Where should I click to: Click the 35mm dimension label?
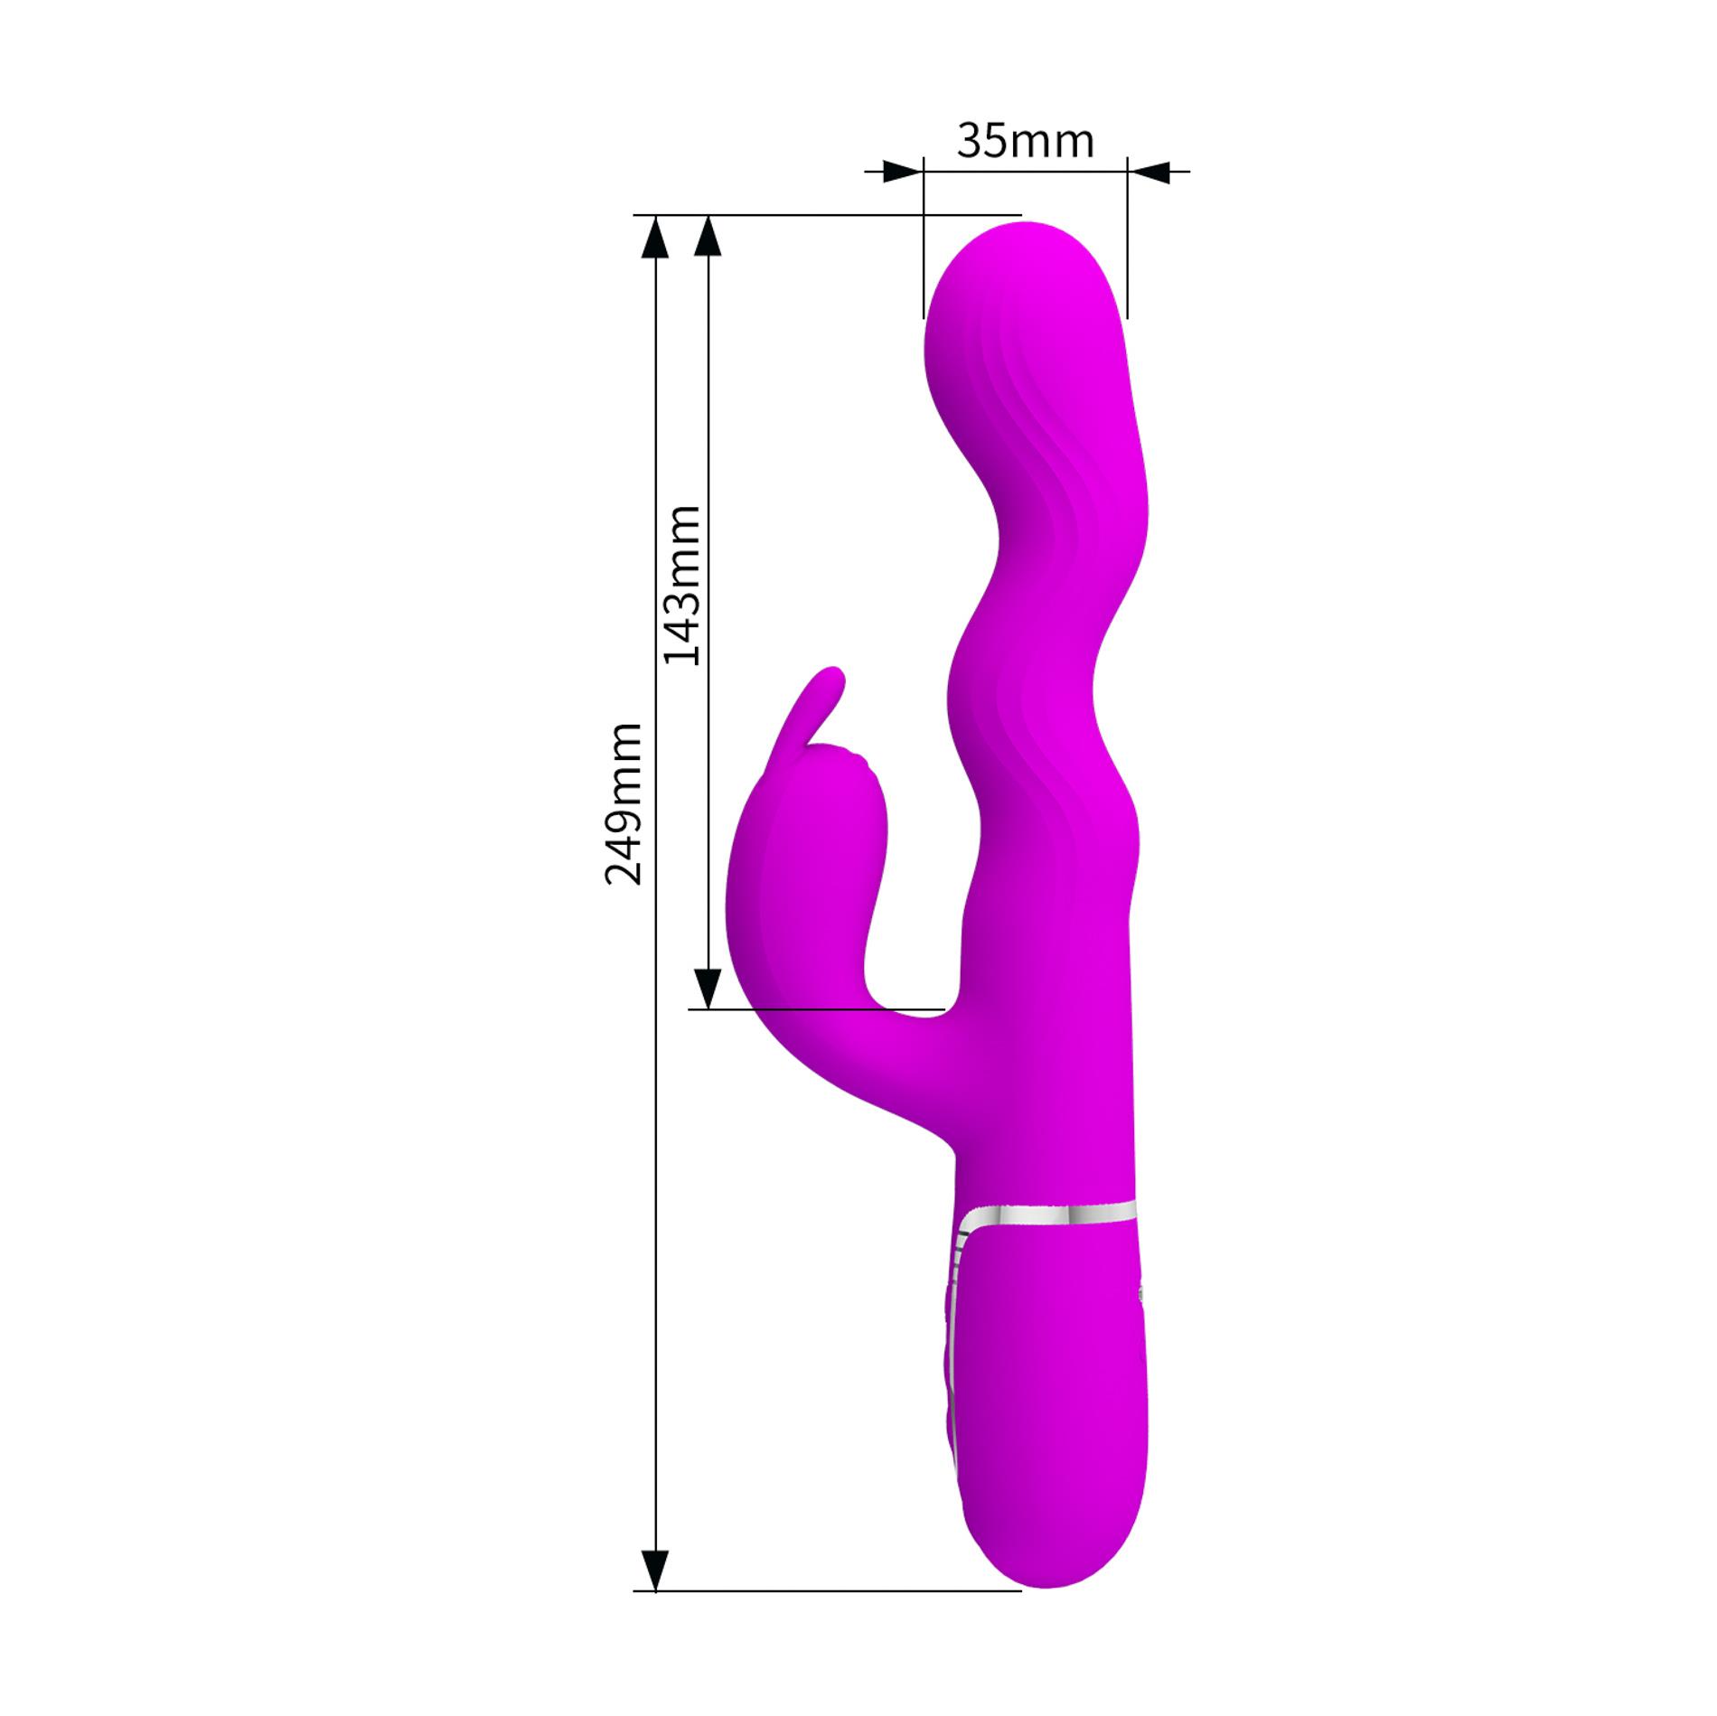tap(1025, 142)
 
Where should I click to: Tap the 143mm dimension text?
tap(682, 586)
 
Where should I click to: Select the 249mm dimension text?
tap(624, 803)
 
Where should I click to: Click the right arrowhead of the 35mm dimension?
tap(1149, 171)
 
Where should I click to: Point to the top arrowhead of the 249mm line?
tap(655, 239)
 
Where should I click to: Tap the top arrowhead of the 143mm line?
tap(708, 239)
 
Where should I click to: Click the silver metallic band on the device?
tap(1048, 1214)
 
